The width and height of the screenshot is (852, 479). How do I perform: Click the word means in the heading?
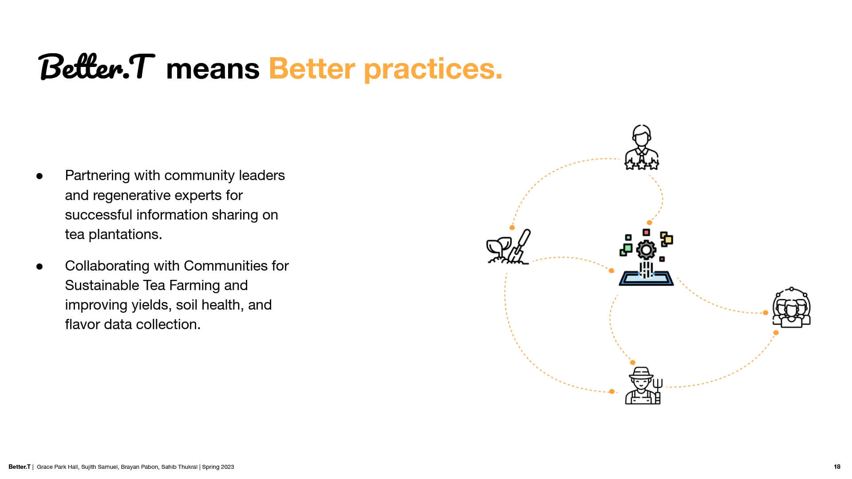(x=213, y=69)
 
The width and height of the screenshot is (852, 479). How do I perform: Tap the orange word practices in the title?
(x=433, y=70)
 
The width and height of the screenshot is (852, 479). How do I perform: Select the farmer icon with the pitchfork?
(x=643, y=385)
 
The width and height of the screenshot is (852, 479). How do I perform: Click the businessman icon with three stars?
(x=642, y=147)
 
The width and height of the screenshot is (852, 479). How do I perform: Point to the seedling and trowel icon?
(x=509, y=247)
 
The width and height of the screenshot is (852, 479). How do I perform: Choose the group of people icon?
(x=792, y=307)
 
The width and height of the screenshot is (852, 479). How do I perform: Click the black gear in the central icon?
(x=646, y=250)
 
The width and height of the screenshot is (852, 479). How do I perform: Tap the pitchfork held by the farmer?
(x=658, y=391)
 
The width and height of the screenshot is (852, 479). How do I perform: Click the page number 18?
(x=837, y=467)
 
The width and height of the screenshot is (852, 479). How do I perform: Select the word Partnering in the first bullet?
(x=98, y=176)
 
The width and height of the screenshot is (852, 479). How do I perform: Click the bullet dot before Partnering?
(x=39, y=176)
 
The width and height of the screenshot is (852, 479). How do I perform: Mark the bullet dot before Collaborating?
(x=39, y=267)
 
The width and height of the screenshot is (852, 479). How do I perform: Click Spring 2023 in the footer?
(x=218, y=467)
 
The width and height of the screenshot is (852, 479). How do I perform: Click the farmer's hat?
(x=641, y=373)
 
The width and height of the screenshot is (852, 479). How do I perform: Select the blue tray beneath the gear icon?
(x=646, y=279)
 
